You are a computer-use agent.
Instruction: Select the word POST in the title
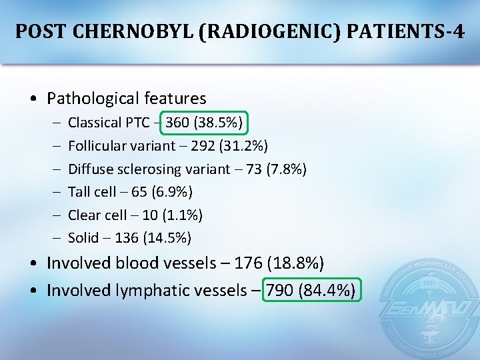[x=41, y=31]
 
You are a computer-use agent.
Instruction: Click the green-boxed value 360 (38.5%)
[x=207, y=123]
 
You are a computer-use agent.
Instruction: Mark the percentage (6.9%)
[x=172, y=192]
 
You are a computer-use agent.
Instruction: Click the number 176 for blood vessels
[x=249, y=263]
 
